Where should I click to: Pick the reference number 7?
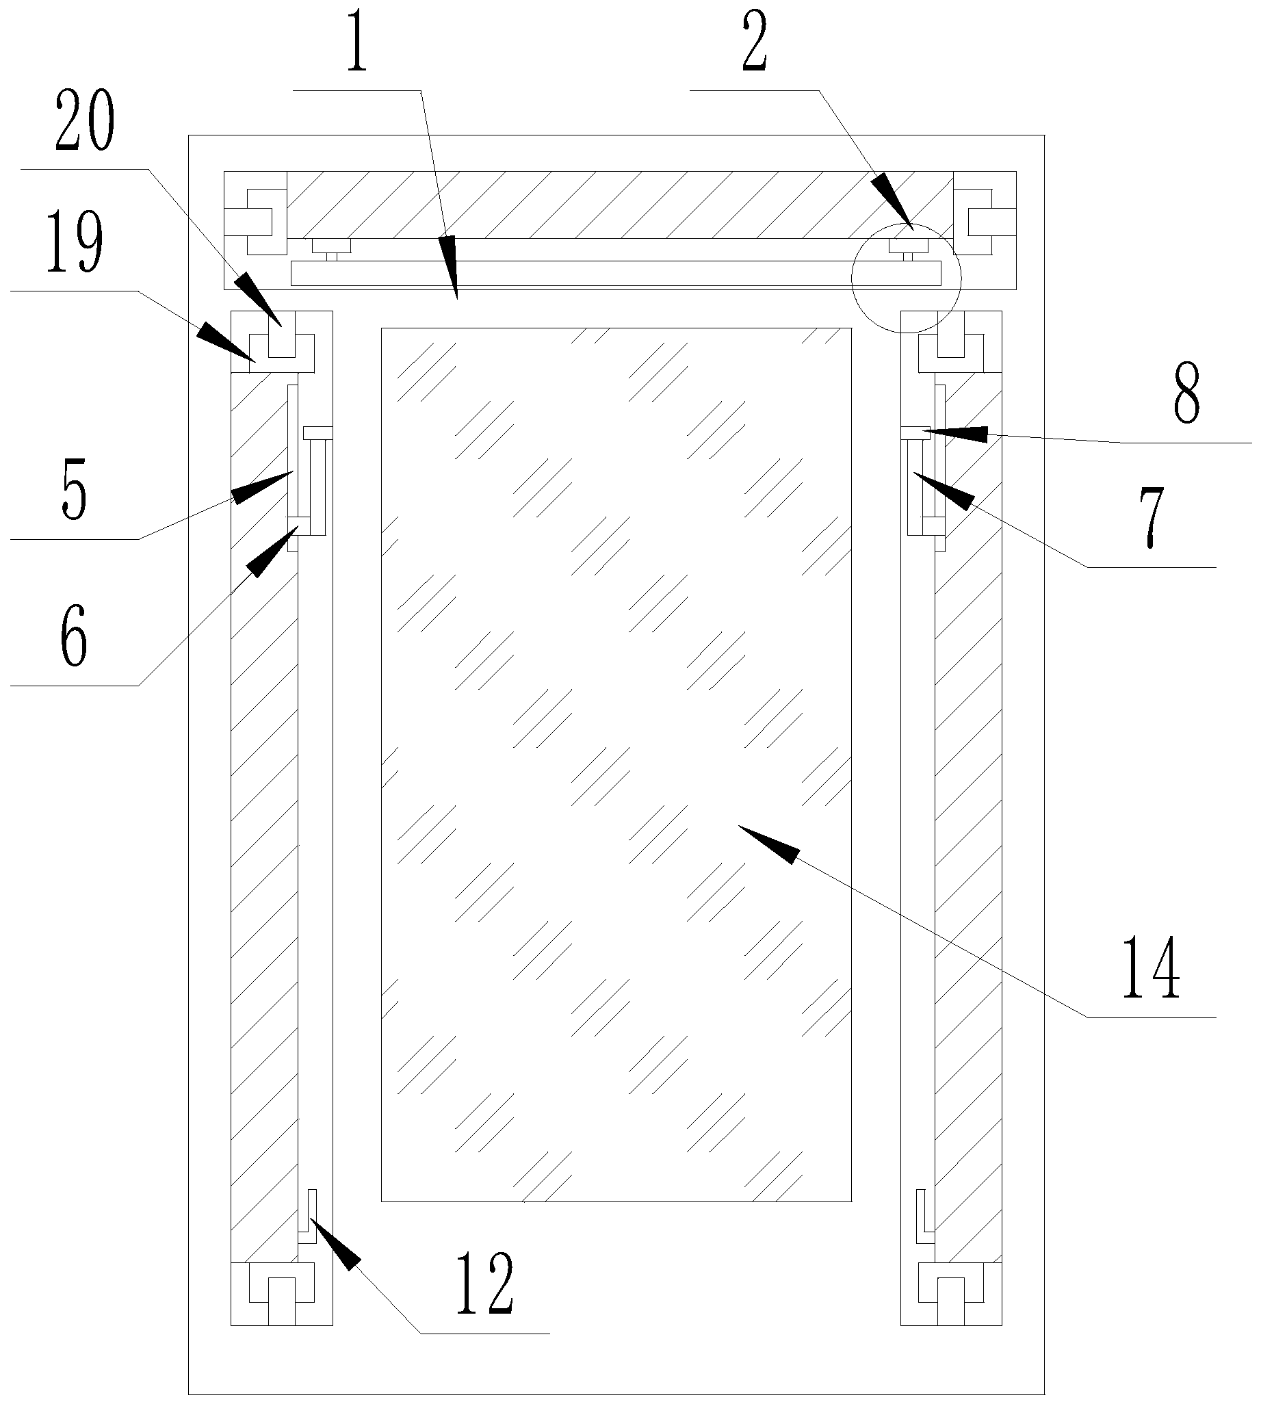pyautogui.click(x=1151, y=517)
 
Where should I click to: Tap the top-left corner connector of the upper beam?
pyautogui.click(x=255, y=212)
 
